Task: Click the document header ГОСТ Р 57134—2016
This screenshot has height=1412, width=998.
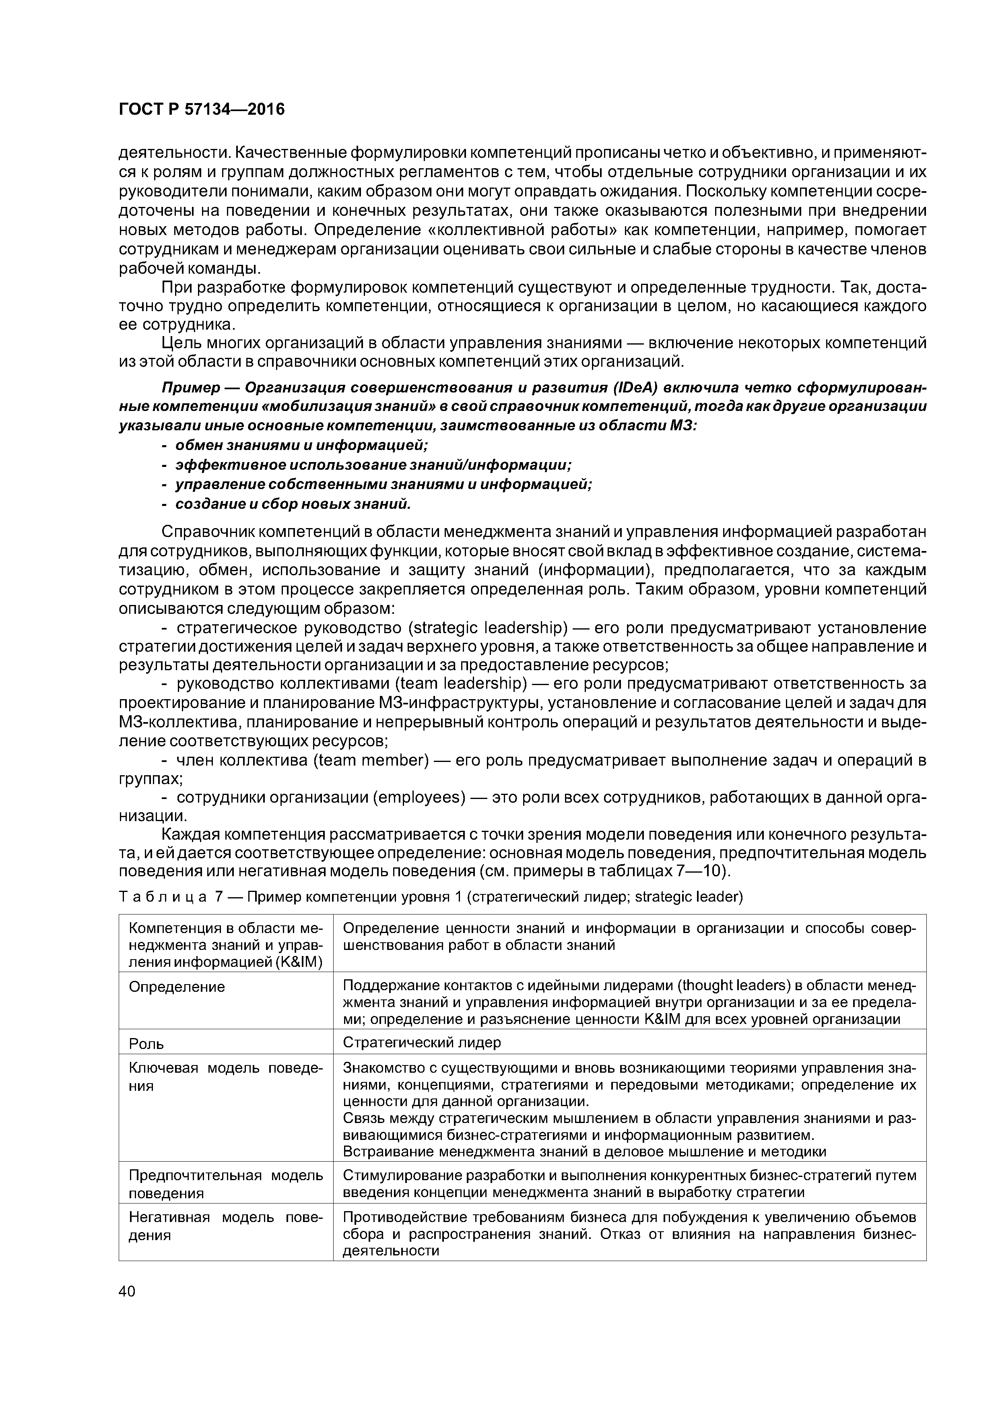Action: (x=202, y=110)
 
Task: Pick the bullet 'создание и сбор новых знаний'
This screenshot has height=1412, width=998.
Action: (x=293, y=504)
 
